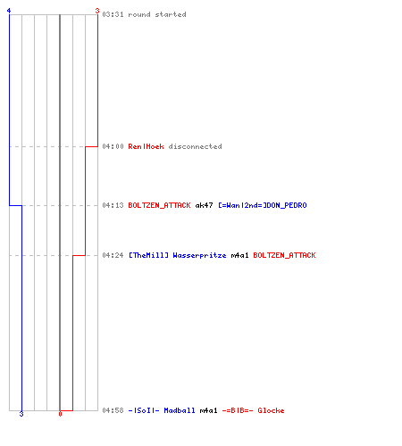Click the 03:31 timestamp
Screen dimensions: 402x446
coord(113,14)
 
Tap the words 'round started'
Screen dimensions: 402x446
coord(157,14)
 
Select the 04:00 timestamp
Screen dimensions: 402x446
coord(113,146)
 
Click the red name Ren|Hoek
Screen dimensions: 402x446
coord(146,146)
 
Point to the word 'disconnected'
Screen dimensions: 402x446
coord(195,146)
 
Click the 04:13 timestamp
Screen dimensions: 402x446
coord(113,205)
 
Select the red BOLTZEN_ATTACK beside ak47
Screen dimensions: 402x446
coord(159,205)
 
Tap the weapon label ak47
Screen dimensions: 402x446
coord(204,205)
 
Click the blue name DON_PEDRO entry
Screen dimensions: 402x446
coord(263,205)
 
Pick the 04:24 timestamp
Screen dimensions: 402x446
coord(113,255)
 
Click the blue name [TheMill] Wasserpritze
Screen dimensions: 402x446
coord(178,255)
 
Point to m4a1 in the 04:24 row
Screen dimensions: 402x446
coord(239,255)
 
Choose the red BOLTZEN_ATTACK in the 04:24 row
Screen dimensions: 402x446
coord(284,255)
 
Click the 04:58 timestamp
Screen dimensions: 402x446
coord(113,410)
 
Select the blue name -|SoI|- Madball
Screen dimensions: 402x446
coord(162,410)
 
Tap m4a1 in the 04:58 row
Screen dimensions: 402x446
coord(208,410)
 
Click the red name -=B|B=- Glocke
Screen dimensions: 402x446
coord(253,410)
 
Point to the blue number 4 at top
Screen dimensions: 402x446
coord(9,11)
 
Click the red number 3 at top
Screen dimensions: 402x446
coord(97,11)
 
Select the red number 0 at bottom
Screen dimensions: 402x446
coord(60,414)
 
